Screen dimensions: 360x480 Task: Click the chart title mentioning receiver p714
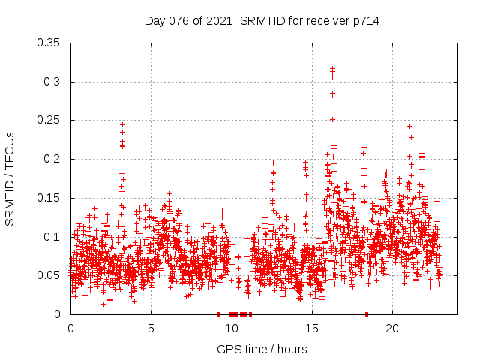[262, 21]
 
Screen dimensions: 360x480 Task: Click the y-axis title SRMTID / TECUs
[10, 178]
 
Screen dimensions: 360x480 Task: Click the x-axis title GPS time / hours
[262, 349]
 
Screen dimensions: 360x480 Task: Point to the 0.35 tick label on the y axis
[50, 43]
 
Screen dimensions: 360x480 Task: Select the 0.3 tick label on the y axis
[53, 82]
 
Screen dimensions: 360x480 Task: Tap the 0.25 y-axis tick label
[50, 120]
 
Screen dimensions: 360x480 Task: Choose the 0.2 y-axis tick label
[53, 159]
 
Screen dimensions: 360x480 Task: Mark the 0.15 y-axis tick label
[50, 198]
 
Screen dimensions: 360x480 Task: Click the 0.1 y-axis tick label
[53, 237]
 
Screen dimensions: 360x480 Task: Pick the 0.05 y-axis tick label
[50, 275]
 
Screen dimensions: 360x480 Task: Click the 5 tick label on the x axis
[151, 328]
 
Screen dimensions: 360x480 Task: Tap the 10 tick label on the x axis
[231, 328]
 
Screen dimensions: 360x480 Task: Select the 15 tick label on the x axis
[311, 328]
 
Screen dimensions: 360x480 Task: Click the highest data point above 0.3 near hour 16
[332, 68]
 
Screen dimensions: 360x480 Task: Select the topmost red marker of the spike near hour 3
[122, 125]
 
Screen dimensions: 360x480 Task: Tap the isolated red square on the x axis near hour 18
[367, 314]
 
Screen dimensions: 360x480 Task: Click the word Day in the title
[155, 21]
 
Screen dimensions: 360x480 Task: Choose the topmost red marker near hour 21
[409, 126]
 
